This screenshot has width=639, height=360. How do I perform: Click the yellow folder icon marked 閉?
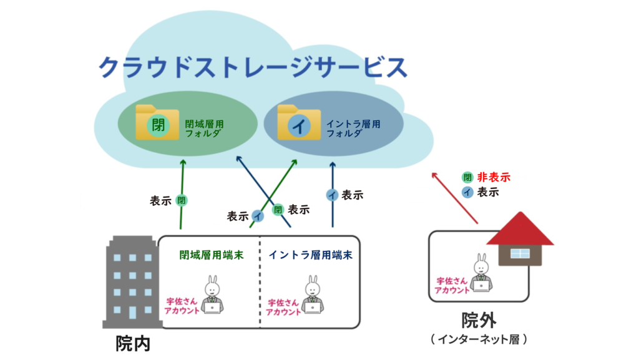coord(157,122)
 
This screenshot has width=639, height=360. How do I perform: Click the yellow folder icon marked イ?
coord(298,122)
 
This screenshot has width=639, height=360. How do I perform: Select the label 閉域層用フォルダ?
coord(205,129)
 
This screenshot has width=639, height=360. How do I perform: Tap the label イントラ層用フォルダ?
coord(353,129)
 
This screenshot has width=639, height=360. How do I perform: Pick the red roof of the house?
coord(520,230)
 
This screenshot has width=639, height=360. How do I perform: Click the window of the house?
coord(520,253)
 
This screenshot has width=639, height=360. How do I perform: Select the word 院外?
coord(479,321)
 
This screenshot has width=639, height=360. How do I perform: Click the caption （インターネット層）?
coord(479,339)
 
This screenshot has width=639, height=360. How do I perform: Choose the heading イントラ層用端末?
coord(310,255)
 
